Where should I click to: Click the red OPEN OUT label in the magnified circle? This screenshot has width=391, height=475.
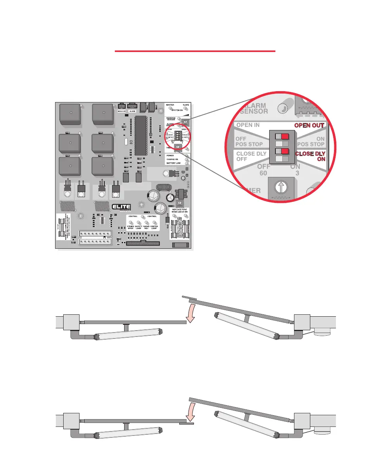click(309, 125)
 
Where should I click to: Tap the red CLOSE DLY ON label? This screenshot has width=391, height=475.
click(310, 156)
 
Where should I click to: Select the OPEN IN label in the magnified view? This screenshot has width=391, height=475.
click(248, 125)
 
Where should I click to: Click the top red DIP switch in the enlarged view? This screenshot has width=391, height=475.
click(285, 137)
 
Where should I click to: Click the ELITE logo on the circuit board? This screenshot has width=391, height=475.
click(121, 207)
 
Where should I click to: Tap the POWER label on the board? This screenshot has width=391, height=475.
click(170, 155)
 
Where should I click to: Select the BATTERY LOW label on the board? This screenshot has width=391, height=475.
click(173, 163)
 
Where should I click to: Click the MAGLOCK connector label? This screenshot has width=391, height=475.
click(121, 111)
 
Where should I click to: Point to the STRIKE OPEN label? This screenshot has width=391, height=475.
click(130, 227)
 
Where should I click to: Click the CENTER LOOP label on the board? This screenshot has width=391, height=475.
click(154, 227)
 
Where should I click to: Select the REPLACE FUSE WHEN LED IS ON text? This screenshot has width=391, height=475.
click(180, 210)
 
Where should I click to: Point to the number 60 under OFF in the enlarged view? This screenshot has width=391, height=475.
click(263, 173)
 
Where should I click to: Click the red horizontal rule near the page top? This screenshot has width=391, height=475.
click(195, 51)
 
